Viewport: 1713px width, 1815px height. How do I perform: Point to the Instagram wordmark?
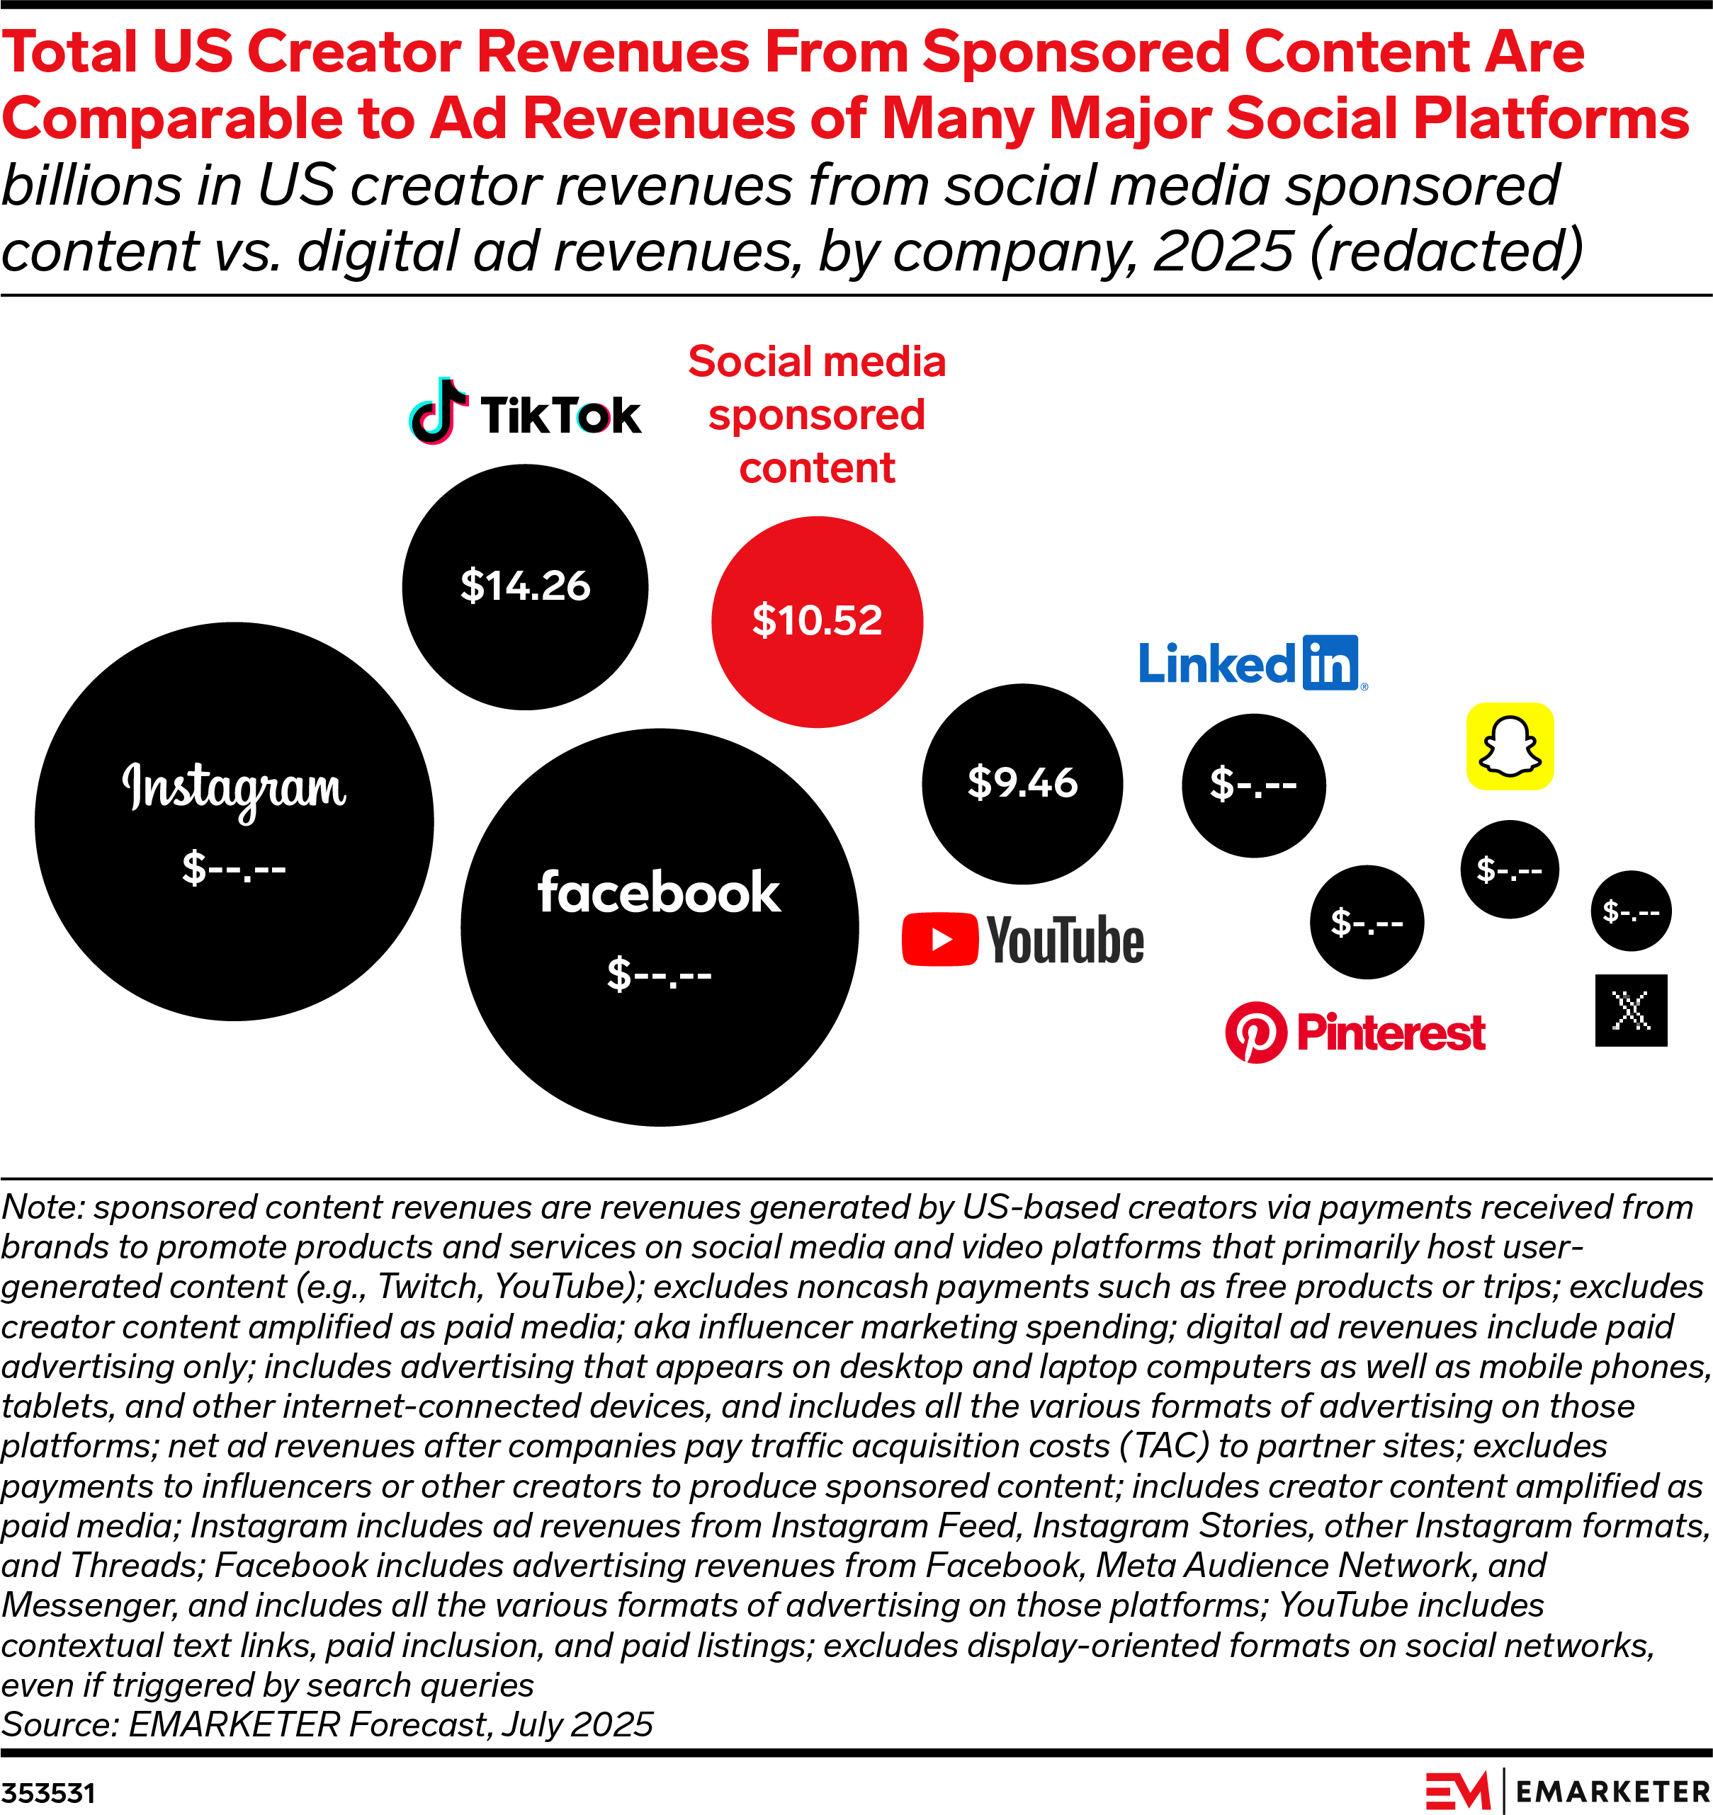(x=234, y=789)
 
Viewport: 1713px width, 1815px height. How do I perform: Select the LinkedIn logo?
(x=1252, y=663)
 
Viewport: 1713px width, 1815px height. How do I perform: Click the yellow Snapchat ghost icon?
(x=1510, y=746)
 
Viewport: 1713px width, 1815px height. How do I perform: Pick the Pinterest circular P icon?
(x=1255, y=1032)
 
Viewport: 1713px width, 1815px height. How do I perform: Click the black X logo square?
(x=1631, y=1011)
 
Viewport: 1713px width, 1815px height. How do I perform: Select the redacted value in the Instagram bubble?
(x=234, y=867)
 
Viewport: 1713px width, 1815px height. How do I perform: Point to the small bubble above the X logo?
(x=1631, y=911)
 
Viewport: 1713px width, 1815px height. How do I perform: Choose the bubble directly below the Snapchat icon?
(x=1510, y=869)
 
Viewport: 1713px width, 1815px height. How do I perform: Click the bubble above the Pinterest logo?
(x=1366, y=922)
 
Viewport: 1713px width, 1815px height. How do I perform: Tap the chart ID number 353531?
(x=47, y=1793)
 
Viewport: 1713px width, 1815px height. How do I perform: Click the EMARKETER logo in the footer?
(x=1567, y=1791)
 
